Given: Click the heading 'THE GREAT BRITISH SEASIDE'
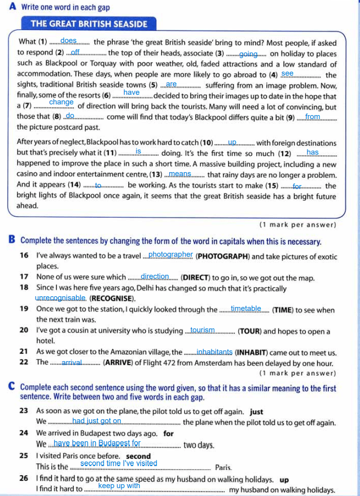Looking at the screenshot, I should point(89,24).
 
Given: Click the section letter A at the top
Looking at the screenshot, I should point(12,7).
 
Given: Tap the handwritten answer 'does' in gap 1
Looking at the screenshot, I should point(68,41).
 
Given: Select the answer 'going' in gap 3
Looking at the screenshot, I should point(248,54).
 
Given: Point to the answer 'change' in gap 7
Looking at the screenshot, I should point(62,102).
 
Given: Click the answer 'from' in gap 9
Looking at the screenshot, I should point(313,117).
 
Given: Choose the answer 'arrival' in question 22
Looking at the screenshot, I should point(72,362).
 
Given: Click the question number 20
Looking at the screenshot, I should point(24,330).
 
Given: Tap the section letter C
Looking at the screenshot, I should point(12,387).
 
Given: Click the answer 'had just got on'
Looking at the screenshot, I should point(97,420).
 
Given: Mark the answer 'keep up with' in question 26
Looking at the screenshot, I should point(119,485).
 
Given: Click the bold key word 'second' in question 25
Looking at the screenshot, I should point(138,456).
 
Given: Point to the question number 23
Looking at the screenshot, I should point(24,411).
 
